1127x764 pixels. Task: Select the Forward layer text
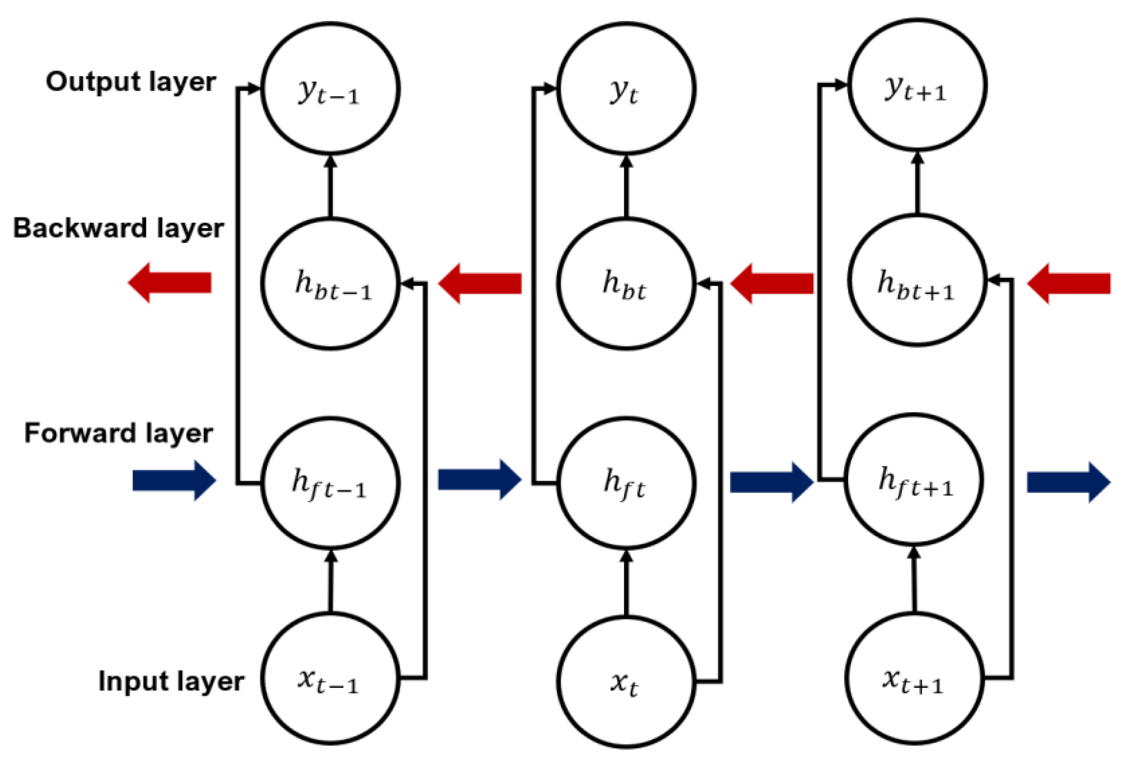tap(118, 433)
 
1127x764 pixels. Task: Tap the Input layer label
tap(171, 681)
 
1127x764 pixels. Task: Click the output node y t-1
tap(330, 89)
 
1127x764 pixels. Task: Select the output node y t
tap(625, 89)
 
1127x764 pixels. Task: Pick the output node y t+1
tap(917, 85)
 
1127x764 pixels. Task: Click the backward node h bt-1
tap(330, 284)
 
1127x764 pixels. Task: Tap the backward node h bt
tap(625, 284)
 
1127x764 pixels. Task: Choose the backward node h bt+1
tap(917, 280)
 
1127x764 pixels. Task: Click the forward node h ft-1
tap(330, 484)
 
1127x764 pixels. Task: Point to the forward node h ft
tap(625, 484)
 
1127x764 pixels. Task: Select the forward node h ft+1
tap(914, 480)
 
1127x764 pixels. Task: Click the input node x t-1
tap(330, 679)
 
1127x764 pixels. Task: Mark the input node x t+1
tap(914, 679)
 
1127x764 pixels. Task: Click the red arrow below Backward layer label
tap(170, 283)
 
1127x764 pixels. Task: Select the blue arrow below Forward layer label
tap(174, 480)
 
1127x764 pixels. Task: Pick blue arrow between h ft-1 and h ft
tap(479, 480)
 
